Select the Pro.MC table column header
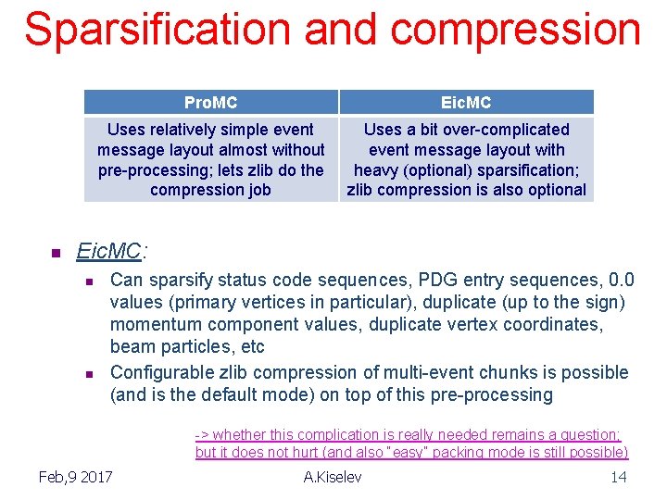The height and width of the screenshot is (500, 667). coord(210,102)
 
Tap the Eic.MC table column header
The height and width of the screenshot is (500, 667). coord(466,102)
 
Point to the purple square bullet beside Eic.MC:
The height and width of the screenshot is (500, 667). coord(54,253)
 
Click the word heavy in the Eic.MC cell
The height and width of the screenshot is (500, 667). coord(376,169)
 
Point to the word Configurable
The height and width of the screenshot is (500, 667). coord(158,372)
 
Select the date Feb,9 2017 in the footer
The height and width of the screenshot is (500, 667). coord(76,477)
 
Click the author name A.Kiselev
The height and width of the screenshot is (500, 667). coord(333,477)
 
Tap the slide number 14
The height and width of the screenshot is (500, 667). coord(618,477)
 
